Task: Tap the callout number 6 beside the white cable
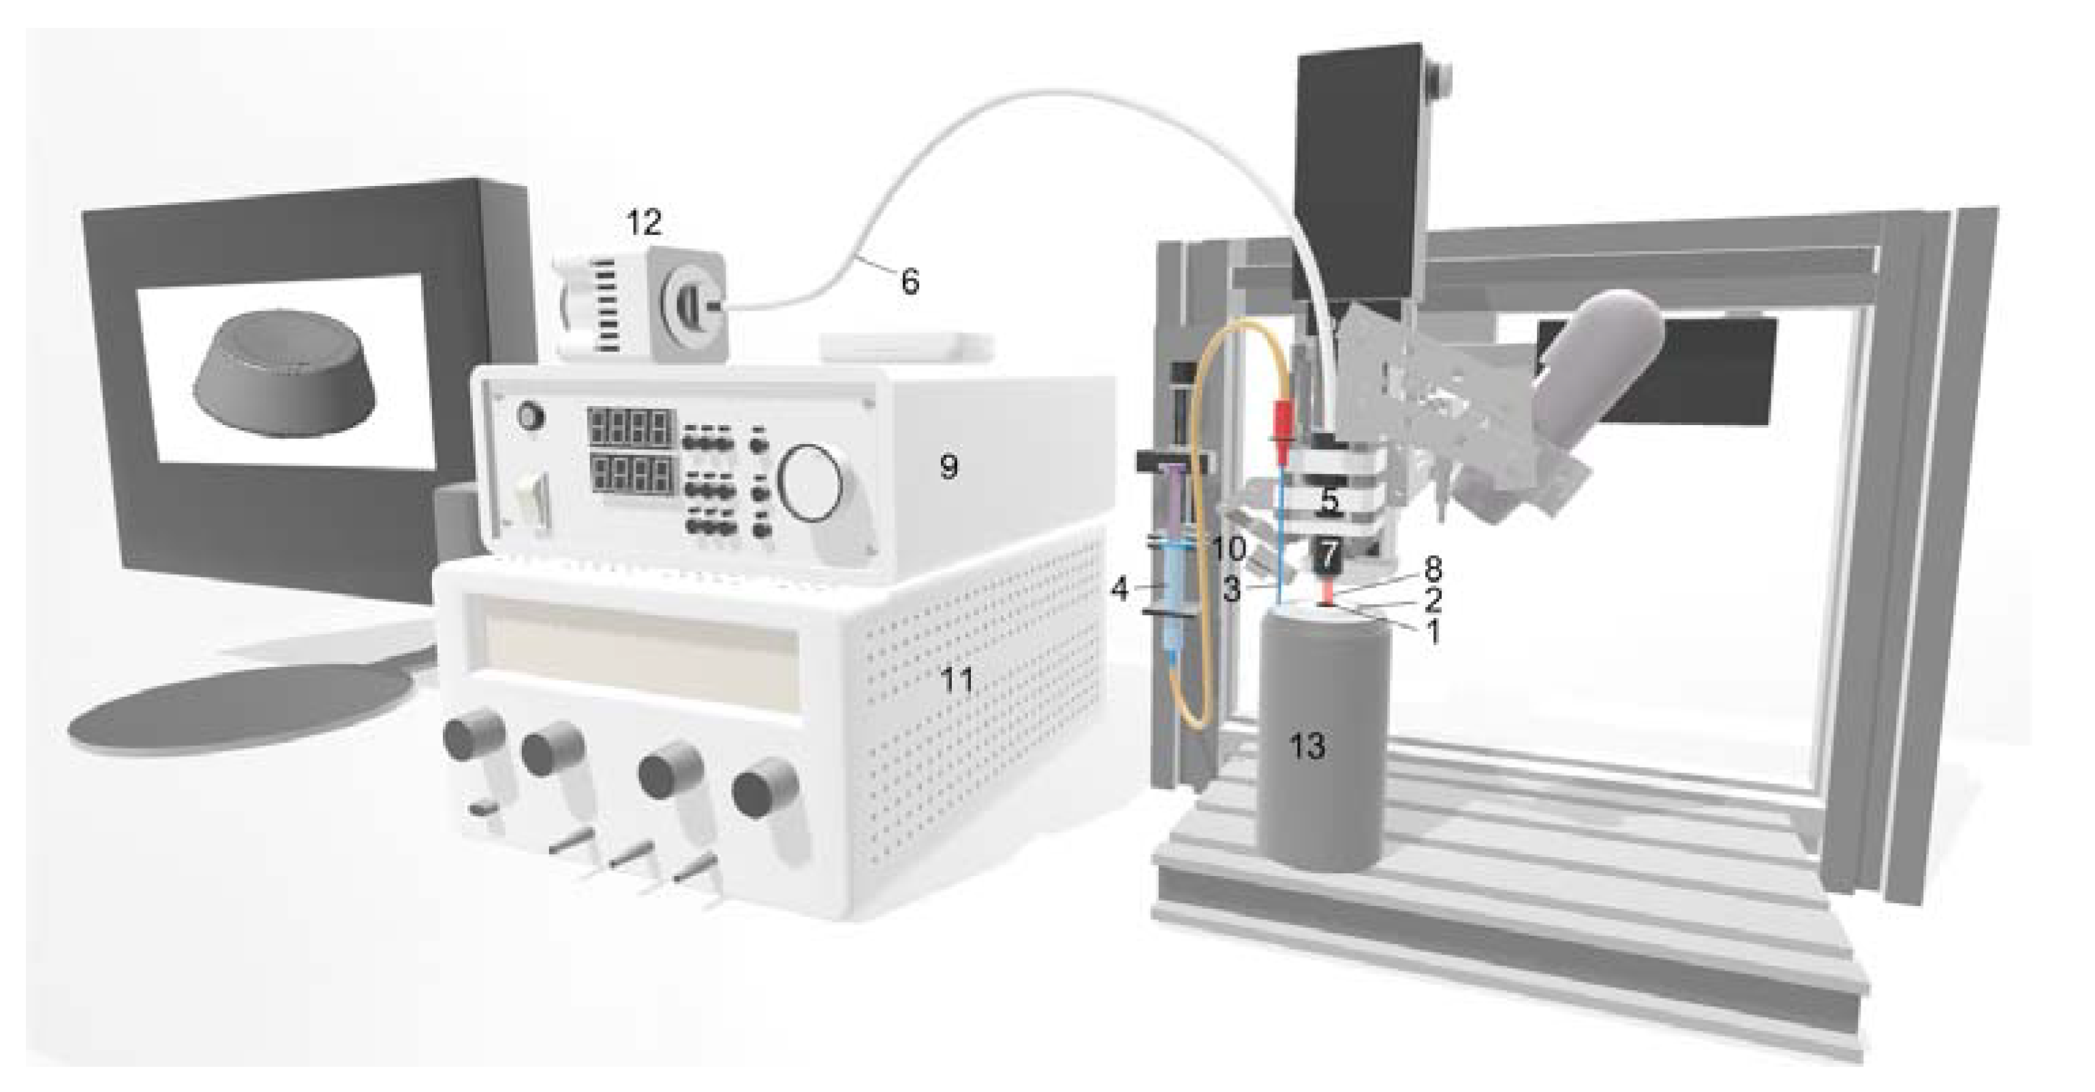[910, 282]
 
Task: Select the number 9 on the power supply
[948, 467]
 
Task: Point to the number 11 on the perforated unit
[957, 680]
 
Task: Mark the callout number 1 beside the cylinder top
[1432, 631]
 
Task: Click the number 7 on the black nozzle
[1327, 557]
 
